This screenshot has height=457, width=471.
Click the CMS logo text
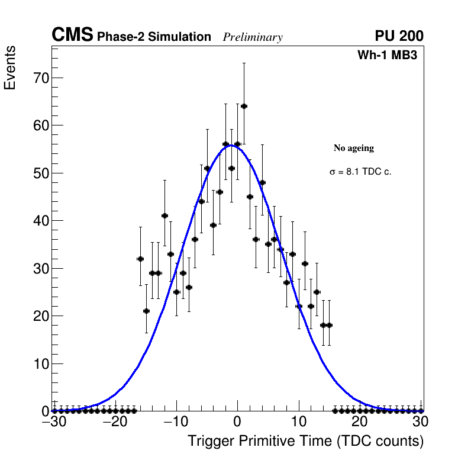(x=72, y=36)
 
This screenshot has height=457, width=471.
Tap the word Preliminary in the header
(x=253, y=37)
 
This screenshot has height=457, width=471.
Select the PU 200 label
(x=399, y=36)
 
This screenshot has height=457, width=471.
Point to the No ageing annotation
(x=354, y=148)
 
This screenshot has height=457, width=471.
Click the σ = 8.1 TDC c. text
(x=360, y=172)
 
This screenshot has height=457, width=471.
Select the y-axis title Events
(x=10, y=67)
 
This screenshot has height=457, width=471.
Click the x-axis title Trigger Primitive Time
(x=305, y=441)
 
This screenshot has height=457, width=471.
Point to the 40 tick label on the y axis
(x=40, y=221)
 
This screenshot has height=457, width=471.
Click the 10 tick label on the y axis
(x=40, y=363)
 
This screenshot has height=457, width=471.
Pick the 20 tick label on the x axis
(x=359, y=422)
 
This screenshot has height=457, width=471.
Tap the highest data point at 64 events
(x=244, y=106)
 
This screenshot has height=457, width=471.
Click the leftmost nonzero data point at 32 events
(x=140, y=259)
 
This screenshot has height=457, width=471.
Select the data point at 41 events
(x=164, y=215)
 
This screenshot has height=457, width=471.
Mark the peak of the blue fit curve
(x=232, y=145)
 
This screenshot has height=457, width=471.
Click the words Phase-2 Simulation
(x=154, y=37)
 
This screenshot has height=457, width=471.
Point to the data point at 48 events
(x=262, y=182)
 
